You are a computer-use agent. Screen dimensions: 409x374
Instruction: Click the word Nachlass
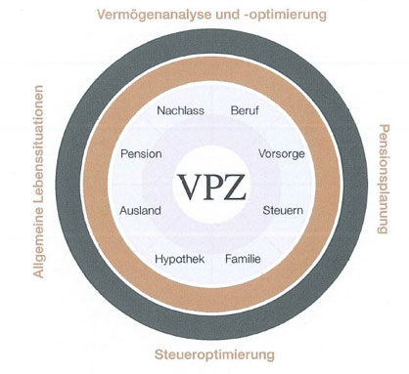(180, 110)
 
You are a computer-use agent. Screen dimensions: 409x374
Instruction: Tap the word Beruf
(245, 110)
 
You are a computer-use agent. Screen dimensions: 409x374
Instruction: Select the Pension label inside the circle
(141, 153)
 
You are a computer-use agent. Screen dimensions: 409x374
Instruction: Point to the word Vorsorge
(282, 153)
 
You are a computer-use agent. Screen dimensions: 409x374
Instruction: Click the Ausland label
(140, 210)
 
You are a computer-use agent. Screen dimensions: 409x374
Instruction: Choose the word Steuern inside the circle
(283, 210)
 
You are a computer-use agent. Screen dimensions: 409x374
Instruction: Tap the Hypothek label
(180, 260)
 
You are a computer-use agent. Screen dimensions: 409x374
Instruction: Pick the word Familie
(243, 259)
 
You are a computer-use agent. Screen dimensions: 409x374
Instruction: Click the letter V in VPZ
(190, 187)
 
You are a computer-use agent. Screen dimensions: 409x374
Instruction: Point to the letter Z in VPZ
(234, 187)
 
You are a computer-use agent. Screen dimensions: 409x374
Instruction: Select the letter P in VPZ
(211, 187)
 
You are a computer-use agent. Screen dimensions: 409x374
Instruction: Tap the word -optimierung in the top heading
(286, 15)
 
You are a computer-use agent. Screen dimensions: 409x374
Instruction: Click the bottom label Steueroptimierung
(214, 354)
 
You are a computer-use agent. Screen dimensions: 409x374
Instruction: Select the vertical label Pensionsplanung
(384, 179)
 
